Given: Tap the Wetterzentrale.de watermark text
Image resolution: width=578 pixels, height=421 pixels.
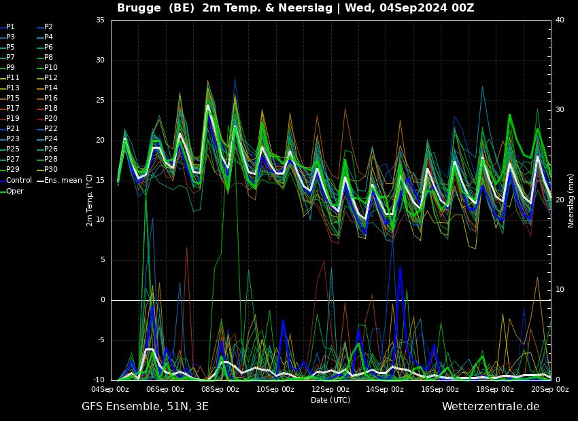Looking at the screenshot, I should [x=490, y=406].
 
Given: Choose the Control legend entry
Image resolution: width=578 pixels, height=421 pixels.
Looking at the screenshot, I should [x=18, y=181].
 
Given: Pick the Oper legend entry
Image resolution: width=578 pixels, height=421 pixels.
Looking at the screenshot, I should [x=14, y=191].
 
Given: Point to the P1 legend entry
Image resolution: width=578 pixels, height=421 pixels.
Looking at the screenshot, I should [x=10, y=27].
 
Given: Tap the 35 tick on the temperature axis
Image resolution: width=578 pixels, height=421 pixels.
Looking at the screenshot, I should [x=100, y=20].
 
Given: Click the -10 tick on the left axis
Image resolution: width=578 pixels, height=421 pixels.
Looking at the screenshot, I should [x=99, y=380].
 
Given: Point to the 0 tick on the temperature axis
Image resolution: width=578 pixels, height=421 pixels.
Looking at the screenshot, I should [x=102, y=300].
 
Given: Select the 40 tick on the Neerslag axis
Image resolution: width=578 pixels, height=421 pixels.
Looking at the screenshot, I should [x=560, y=20].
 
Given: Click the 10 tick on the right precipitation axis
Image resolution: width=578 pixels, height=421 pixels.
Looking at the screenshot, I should [x=560, y=290].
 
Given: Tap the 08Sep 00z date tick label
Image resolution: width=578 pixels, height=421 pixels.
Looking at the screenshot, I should [x=220, y=389].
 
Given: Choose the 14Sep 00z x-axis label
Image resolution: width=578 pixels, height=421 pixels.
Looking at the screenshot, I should [x=385, y=389].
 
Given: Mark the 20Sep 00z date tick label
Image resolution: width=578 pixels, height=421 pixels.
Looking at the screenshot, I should [x=549, y=389].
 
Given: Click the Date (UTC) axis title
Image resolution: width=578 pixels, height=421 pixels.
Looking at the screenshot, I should [x=330, y=400].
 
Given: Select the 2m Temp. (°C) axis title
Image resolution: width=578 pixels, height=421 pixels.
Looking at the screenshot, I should [x=89, y=200].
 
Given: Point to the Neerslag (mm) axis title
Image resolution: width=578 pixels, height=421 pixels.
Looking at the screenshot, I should [x=571, y=200].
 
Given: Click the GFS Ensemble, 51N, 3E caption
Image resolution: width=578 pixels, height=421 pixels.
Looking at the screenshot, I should [x=145, y=406].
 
